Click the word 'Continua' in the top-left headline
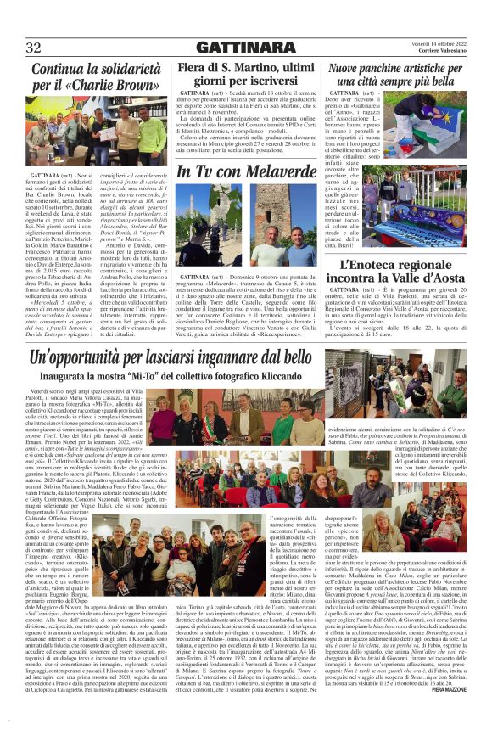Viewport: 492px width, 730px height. click(x=59, y=69)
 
